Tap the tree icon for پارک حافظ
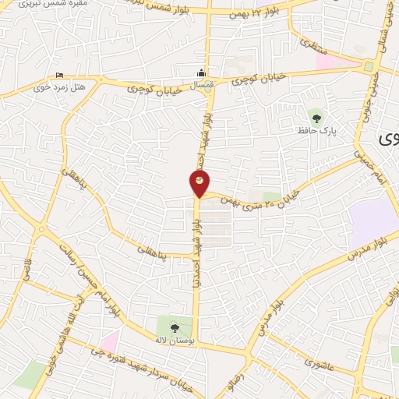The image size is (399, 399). tap(316, 118)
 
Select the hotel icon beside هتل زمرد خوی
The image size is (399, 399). tap(61, 76)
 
